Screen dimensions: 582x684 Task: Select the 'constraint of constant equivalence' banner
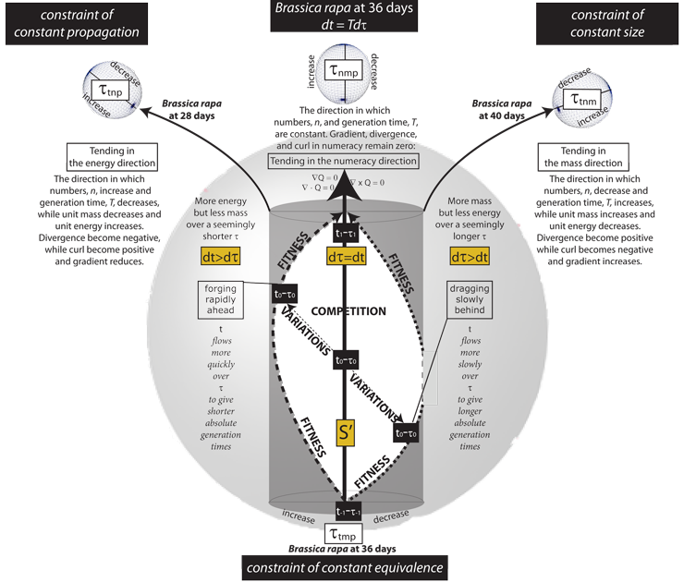click(x=342, y=566)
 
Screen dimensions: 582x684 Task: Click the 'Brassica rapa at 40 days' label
click(x=495, y=111)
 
